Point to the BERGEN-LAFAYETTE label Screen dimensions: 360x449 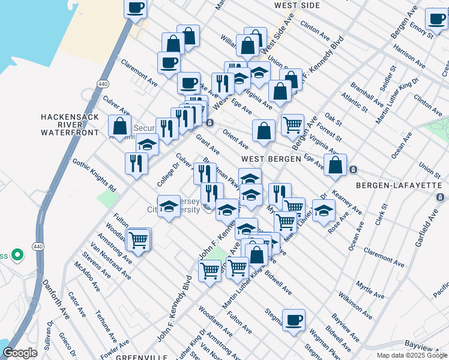click(399, 186)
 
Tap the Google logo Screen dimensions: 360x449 click(20, 352)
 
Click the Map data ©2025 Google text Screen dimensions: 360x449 click(411, 355)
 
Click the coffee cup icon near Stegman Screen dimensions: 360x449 click(294, 320)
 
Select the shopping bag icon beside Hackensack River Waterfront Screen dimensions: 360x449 click(120, 125)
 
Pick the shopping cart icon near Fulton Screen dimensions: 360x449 click(139, 239)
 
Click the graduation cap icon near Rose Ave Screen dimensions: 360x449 click(324, 211)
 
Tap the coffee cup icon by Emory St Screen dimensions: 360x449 click(436, 19)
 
